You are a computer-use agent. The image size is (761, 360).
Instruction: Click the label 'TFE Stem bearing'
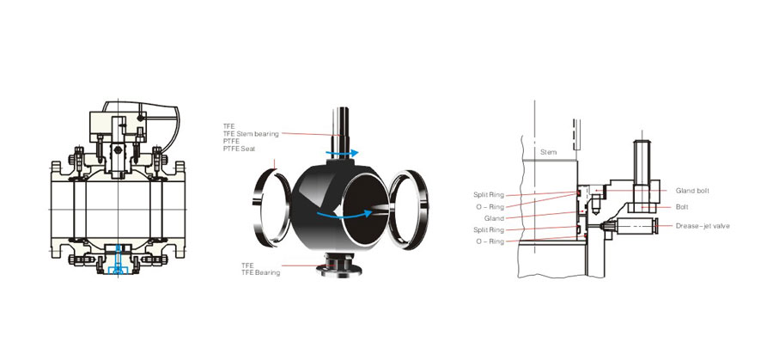251,134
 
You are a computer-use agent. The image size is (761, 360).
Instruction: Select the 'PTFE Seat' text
240,149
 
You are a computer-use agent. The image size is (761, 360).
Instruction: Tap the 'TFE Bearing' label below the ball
260,272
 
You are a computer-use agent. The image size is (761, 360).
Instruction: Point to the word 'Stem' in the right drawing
549,152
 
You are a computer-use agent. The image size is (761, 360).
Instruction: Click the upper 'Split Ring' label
489,195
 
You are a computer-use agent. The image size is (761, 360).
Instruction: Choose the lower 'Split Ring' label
489,230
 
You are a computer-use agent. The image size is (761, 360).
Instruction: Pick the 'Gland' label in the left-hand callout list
495,218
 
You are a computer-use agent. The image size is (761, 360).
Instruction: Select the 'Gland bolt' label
692,191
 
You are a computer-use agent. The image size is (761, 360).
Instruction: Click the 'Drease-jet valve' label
703,226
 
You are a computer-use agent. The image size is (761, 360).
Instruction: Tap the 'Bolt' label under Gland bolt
682,207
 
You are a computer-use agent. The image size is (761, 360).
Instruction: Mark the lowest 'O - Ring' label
490,241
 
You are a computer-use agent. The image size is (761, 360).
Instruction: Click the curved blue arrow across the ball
344,215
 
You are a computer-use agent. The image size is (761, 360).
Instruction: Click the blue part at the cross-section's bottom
118,262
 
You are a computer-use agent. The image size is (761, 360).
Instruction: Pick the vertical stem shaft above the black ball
341,133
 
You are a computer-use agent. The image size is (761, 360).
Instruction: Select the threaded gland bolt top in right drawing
642,156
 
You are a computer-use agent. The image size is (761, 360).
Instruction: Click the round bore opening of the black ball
366,209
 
